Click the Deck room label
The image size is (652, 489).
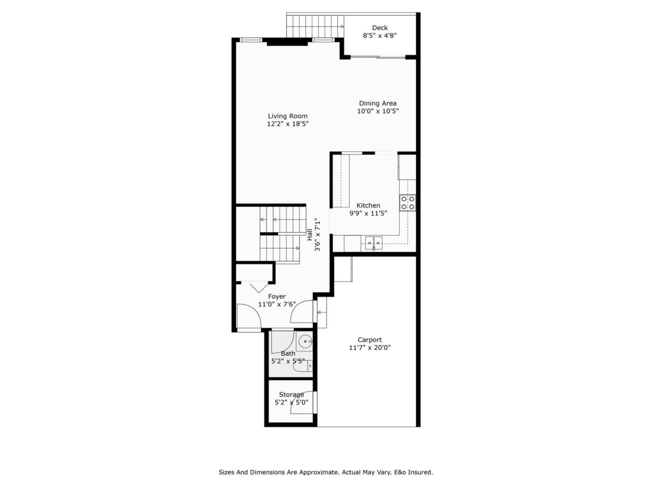click(380, 28)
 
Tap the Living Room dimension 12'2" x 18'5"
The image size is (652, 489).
click(287, 124)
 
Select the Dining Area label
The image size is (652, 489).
click(378, 103)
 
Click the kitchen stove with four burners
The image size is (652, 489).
click(408, 203)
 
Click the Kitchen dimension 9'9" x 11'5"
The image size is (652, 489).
click(368, 214)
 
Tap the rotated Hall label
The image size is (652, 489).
click(310, 235)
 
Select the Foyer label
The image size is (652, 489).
click(277, 297)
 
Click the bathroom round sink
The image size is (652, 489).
click(305, 343)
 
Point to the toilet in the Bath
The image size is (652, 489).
click(302, 368)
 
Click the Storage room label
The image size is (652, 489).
click(291, 394)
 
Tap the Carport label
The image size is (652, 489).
click(369, 340)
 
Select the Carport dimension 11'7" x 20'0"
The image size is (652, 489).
click(369, 348)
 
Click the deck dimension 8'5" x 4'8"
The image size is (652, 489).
click(380, 36)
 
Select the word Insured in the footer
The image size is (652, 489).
click(420, 473)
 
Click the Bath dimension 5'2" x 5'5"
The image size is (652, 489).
click(288, 361)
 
